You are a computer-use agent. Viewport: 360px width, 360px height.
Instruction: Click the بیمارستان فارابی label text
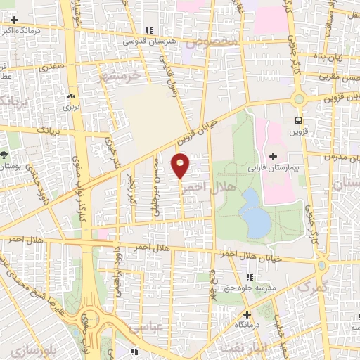tap(274, 169)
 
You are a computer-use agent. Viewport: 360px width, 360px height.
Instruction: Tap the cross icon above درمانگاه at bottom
tap(247, 314)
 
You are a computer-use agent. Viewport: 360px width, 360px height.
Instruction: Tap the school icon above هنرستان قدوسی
tap(148, 30)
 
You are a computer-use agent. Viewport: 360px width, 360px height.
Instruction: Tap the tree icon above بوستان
tap(4, 154)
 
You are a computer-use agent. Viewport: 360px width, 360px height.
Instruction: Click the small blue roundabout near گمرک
tap(322, 266)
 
